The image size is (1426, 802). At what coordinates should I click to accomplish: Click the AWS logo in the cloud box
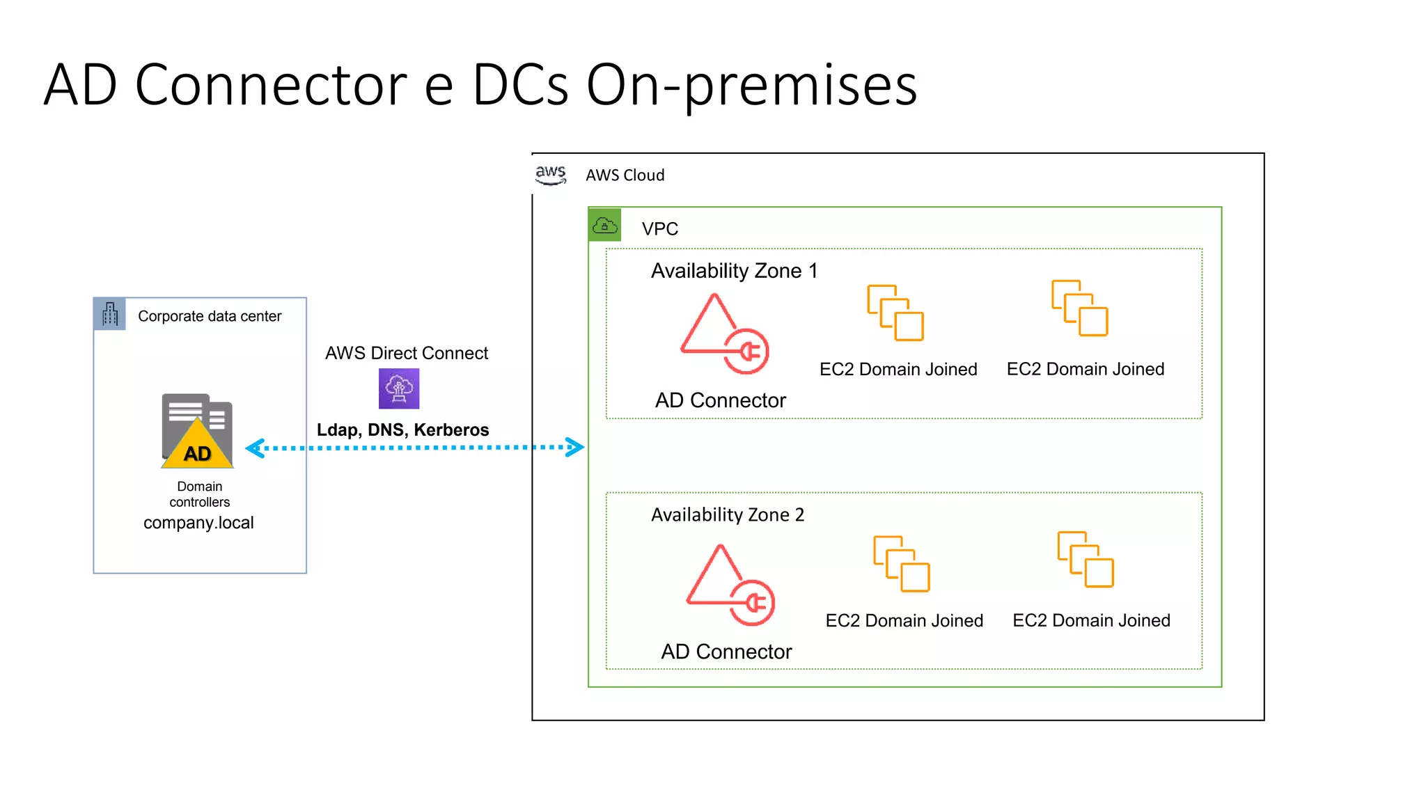pos(551,174)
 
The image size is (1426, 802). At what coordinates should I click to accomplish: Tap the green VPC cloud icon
pos(604,225)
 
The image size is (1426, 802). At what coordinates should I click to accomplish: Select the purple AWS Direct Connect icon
pos(399,388)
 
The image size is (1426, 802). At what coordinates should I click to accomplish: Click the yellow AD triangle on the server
pos(198,447)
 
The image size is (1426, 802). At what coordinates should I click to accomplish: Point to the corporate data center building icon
pos(110,314)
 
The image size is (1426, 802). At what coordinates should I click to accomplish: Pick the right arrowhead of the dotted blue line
pos(574,447)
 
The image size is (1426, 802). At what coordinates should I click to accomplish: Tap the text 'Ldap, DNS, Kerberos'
pos(402,430)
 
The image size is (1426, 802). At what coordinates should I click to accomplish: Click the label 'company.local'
pos(198,523)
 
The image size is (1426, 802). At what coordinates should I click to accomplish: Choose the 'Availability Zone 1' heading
pos(734,271)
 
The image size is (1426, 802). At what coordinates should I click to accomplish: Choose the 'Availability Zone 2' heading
pos(728,514)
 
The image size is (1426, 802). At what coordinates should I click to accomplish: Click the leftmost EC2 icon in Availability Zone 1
pos(895,313)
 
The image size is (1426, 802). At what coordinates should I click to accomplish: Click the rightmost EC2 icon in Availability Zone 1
pos(1079,308)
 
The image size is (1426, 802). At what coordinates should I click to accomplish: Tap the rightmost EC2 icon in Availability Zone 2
pos(1085,559)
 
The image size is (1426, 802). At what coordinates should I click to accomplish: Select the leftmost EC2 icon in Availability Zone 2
pos(902,564)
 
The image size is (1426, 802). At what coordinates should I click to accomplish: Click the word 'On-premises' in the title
pos(752,85)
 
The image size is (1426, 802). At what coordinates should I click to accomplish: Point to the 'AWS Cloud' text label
pos(625,175)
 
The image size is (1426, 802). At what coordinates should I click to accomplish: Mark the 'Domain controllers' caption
pos(199,494)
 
